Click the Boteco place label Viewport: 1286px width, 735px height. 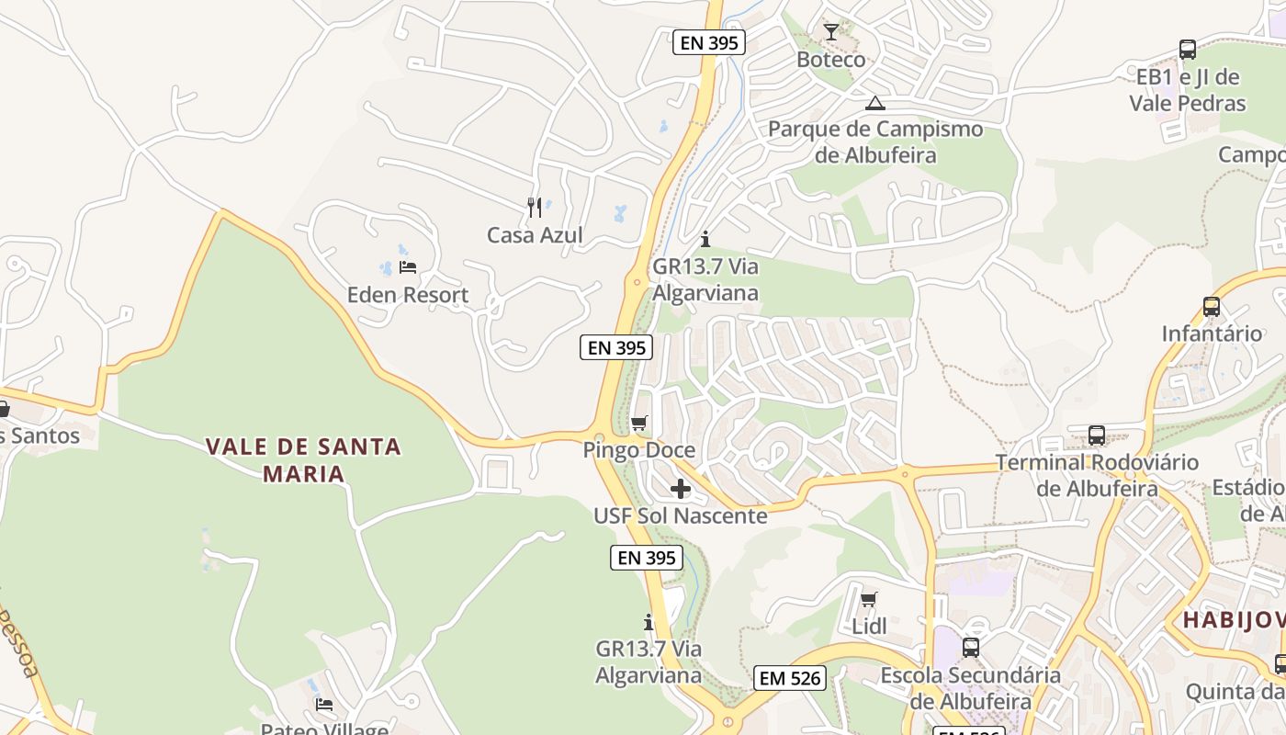click(x=830, y=60)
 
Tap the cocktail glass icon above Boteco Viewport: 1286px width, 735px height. click(x=831, y=33)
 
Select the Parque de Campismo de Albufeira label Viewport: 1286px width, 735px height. click(x=875, y=141)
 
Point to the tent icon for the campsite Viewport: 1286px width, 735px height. click(x=875, y=103)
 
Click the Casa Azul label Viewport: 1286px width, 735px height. click(x=535, y=235)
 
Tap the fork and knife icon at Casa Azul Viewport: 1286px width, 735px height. click(x=535, y=208)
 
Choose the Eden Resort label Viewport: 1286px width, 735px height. click(x=408, y=295)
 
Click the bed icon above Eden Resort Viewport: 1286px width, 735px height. click(x=408, y=267)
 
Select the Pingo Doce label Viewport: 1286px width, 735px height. click(x=639, y=450)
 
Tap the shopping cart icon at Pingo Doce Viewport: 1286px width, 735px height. click(x=639, y=424)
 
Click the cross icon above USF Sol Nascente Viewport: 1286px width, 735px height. click(x=681, y=489)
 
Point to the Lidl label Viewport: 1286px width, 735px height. click(x=869, y=627)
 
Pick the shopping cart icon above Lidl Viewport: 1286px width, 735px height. click(x=869, y=600)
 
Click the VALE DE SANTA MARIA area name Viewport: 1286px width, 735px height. click(x=303, y=460)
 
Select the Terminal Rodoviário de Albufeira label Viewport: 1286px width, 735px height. click(x=1097, y=474)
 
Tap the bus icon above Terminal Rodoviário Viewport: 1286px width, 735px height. click(x=1097, y=435)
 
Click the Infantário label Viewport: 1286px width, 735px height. click(x=1212, y=334)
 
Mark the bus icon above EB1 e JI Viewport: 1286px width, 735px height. click(x=1188, y=50)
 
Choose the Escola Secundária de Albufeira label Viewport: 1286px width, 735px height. click(x=970, y=688)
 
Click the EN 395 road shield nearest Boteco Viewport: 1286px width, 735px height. click(x=708, y=41)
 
